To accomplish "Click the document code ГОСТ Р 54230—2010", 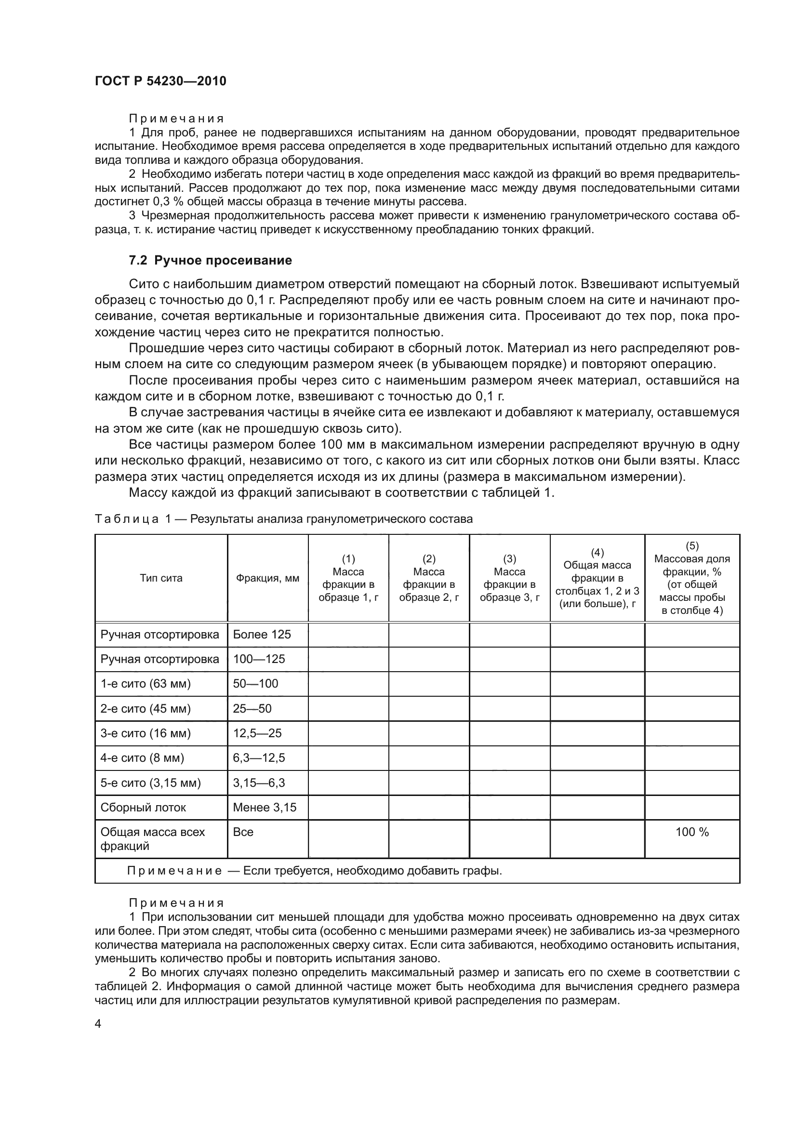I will pos(160,81).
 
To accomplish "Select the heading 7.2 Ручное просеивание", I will pos(210,260).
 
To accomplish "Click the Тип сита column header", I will pos(161,578).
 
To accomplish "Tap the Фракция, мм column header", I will pos(267,578).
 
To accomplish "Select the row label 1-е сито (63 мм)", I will pos(145,684).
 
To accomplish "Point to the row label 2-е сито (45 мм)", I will pos(145,709).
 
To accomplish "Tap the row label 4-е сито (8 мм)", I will pos(142,758).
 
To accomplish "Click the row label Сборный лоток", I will pos(143,808).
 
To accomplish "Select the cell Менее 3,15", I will pos(265,808).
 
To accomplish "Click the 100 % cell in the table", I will pos(691,832).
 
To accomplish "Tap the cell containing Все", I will pos(243,832).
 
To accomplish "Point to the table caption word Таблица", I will pos(127,519).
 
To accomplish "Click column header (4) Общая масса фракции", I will pos(597,578).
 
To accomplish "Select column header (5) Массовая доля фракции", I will pos(691,578).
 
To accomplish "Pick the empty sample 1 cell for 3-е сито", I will pos(348,733).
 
